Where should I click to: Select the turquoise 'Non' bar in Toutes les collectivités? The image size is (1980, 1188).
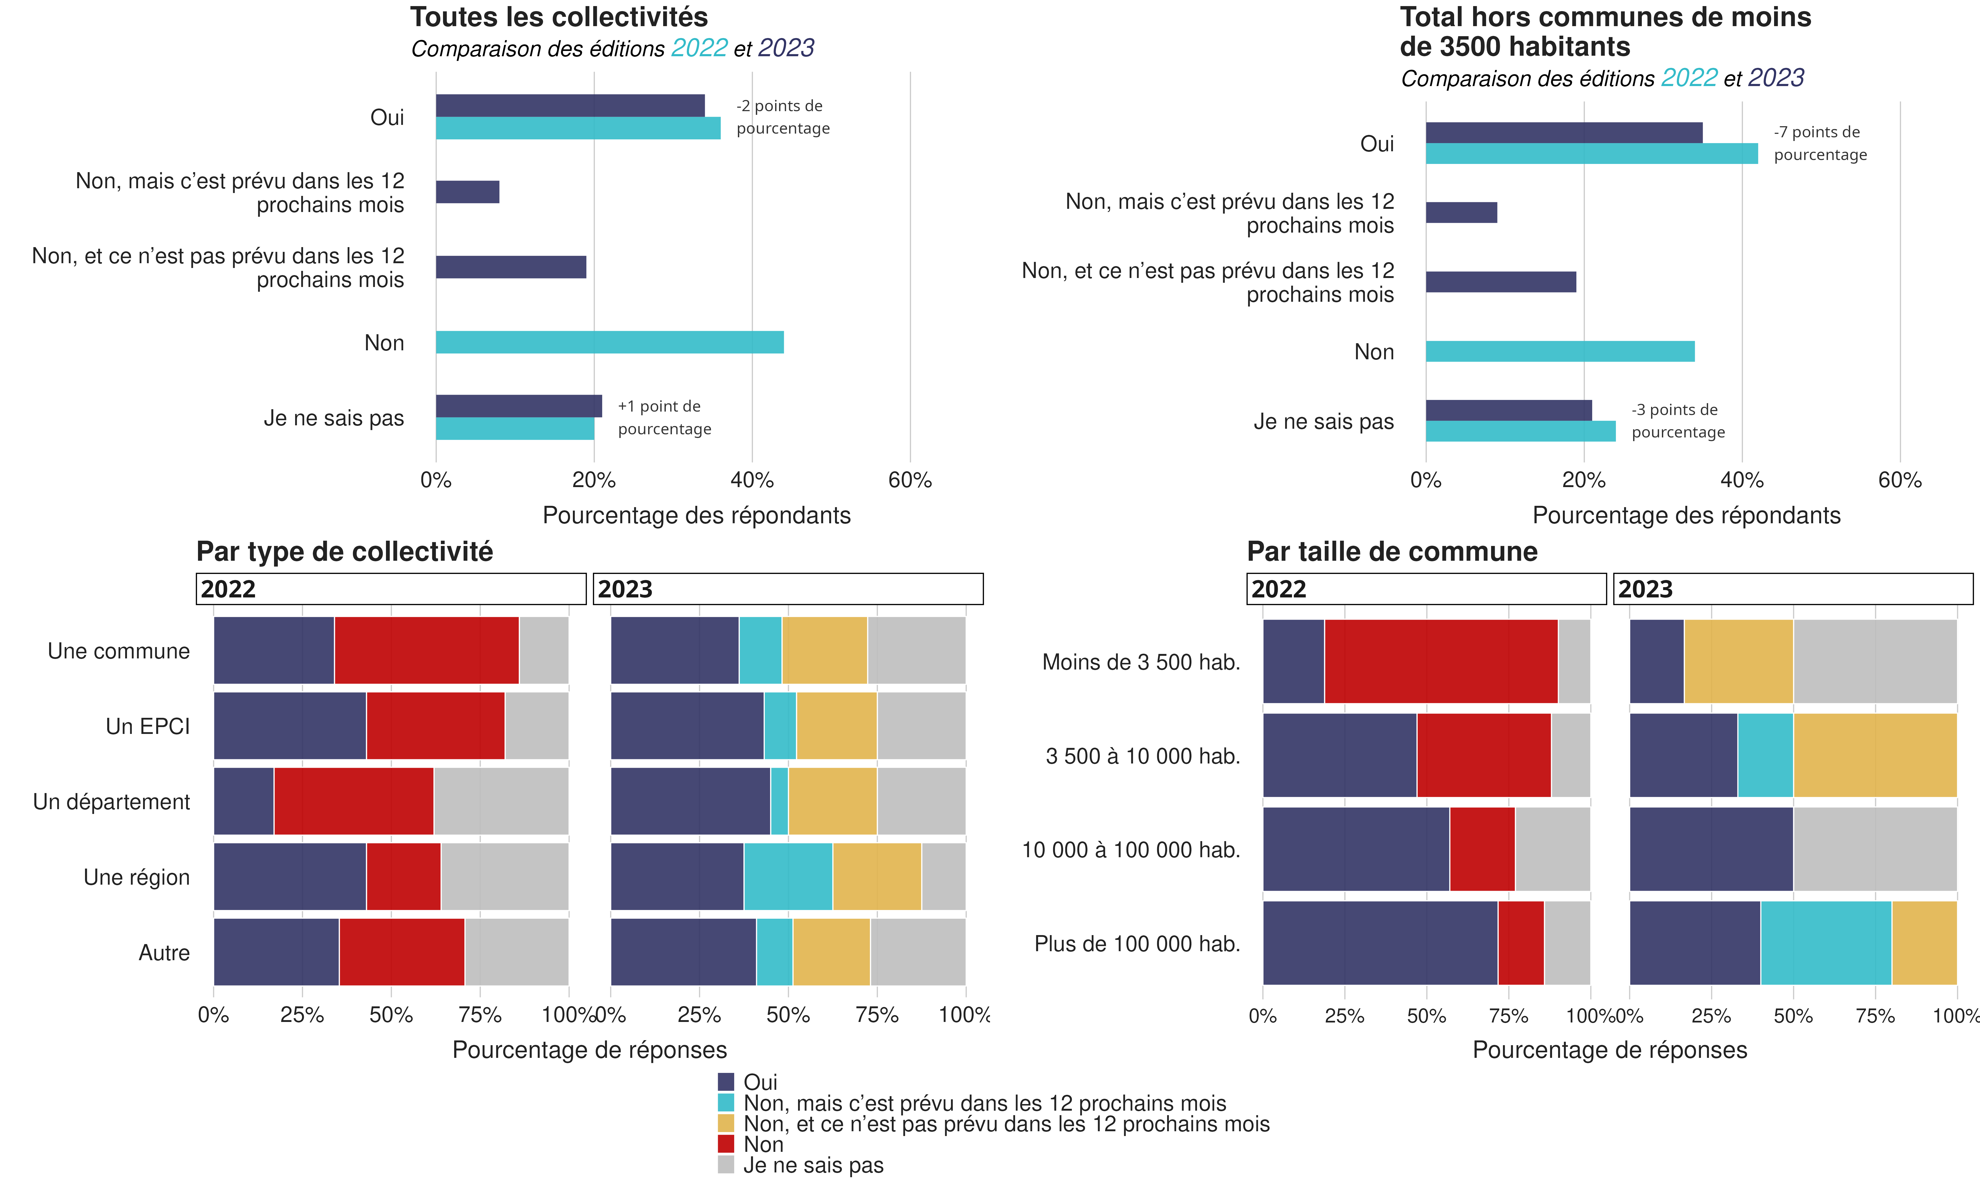pos(609,343)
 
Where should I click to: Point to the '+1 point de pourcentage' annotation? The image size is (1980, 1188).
pos(663,417)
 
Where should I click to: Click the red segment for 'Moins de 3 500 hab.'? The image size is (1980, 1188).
pos(1441,661)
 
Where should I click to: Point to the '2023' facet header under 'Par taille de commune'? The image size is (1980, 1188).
pos(1793,589)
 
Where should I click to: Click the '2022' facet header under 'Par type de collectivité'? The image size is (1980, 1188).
pos(390,589)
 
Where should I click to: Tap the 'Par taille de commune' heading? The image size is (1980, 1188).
pos(1392,551)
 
